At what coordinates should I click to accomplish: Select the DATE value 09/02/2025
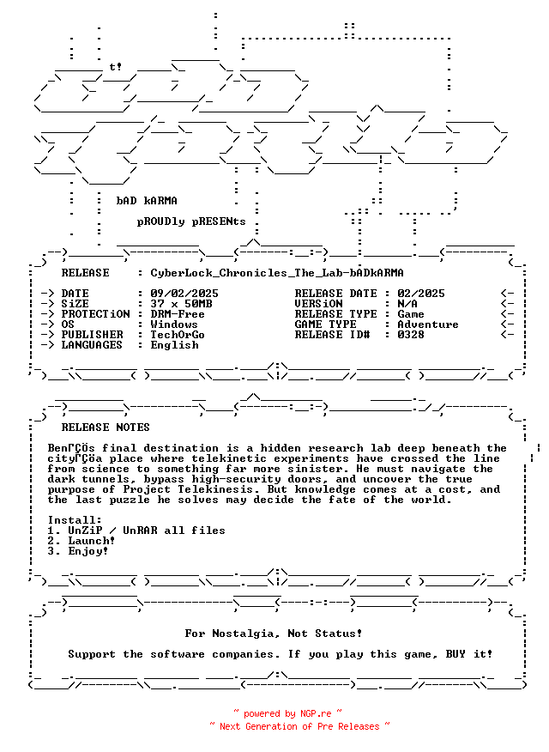pyautogui.click(x=184, y=294)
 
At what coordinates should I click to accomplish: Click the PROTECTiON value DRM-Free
pyautogui.click(x=178, y=314)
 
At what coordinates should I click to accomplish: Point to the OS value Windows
pyautogui.click(x=174, y=324)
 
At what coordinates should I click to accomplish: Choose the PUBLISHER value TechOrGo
pyautogui.click(x=178, y=335)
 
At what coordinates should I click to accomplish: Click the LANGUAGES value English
pyautogui.click(x=174, y=345)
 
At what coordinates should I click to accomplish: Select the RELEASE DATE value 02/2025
pyautogui.click(x=421, y=294)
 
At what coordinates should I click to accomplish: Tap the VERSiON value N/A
pyautogui.click(x=407, y=304)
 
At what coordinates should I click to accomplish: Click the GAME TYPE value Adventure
pyautogui.click(x=428, y=324)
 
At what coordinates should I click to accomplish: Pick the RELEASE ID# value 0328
pyautogui.click(x=411, y=335)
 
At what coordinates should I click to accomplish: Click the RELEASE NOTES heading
pyautogui.click(x=106, y=428)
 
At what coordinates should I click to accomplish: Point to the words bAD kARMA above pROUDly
pyautogui.click(x=147, y=201)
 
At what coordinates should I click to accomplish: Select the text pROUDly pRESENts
pyautogui.click(x=191, y=221)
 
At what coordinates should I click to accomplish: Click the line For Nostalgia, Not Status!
pyautogui.click(x=274, y=634)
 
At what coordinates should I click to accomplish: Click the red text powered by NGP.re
pyautogui.click(x=287, y=713)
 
